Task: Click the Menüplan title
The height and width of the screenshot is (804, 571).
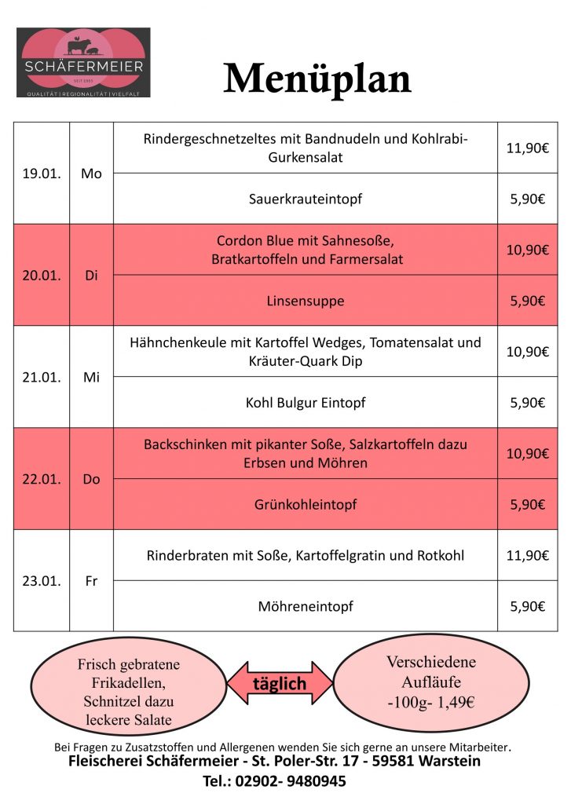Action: pyautogui.click(x=317, y=79)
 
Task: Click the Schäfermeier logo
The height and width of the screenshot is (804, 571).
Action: pyautogui.click(x=83, y=63)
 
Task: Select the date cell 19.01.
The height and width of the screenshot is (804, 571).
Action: pyautogui.click(x=42, y=174)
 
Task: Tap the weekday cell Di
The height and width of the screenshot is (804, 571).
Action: pyautogui.click(x=91, y=276)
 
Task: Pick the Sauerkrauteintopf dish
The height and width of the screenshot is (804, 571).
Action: pyautogui.click(x=306, y=199)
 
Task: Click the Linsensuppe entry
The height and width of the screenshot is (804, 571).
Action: pyautogui.click(x=306, y=301)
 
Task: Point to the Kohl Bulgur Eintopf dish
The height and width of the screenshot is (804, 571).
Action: pyautogui.click(x=306, y=403)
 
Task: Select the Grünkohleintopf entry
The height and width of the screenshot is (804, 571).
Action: pyautogui.click(x=306, y=504)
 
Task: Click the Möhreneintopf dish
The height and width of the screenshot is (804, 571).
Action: pyautogui.click(x=306, y=606)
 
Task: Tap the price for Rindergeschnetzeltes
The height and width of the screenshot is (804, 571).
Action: pyautogui.click(x=527, y=148)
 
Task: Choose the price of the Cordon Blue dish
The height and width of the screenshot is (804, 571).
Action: pyautogui.click(x=527, y=250)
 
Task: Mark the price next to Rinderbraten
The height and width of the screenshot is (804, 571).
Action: pyautogui.click(x=527, y=555)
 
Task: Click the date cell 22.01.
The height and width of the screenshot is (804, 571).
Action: pyautogui.click(x=42, y=479)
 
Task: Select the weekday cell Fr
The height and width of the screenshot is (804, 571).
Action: pyautogui.click(x=91, y=581)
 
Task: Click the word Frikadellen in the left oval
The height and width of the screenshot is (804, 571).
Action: pyautogui.click(x=129, y=683)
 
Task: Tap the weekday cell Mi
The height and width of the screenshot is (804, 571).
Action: pyautogui.click(x=91, y=377)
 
